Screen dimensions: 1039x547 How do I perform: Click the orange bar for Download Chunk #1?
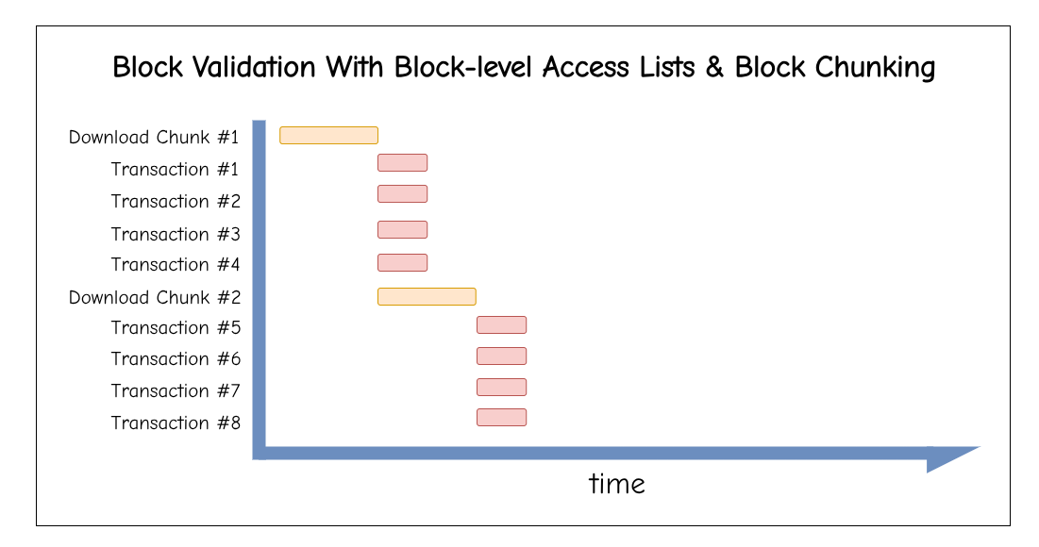[x=328, y=135]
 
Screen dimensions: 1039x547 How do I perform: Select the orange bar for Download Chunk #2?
[x=427, y=297]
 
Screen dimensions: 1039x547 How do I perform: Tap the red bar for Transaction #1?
[x=402, y=162]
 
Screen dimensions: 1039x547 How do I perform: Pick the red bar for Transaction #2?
[x=402, y=194]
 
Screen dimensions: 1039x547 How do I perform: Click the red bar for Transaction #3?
[x=402, y=230]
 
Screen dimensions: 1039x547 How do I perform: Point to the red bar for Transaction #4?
[x=402, y=263]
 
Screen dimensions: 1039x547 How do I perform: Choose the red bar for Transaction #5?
[x=502, y=324]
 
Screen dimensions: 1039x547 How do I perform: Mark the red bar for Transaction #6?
[x=502, y=356]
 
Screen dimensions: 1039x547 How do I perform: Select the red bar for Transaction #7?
[x=502, y=387]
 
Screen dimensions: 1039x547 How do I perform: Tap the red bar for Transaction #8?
[x=502, y=417]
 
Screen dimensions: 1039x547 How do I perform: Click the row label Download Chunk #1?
[x=154, y=137]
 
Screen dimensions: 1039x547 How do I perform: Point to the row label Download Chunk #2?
[x=155, y=297]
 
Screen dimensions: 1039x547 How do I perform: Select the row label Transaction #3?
[x=176, y=234]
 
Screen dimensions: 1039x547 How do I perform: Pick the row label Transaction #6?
[x=176, y=358]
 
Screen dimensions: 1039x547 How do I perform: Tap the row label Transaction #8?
[x=176, y=423]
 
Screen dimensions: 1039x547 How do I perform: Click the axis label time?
[x=617, y=484]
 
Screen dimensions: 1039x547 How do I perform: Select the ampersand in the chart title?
[x=713, y=67]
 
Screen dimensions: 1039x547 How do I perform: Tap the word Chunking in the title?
[x=875, y=68]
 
